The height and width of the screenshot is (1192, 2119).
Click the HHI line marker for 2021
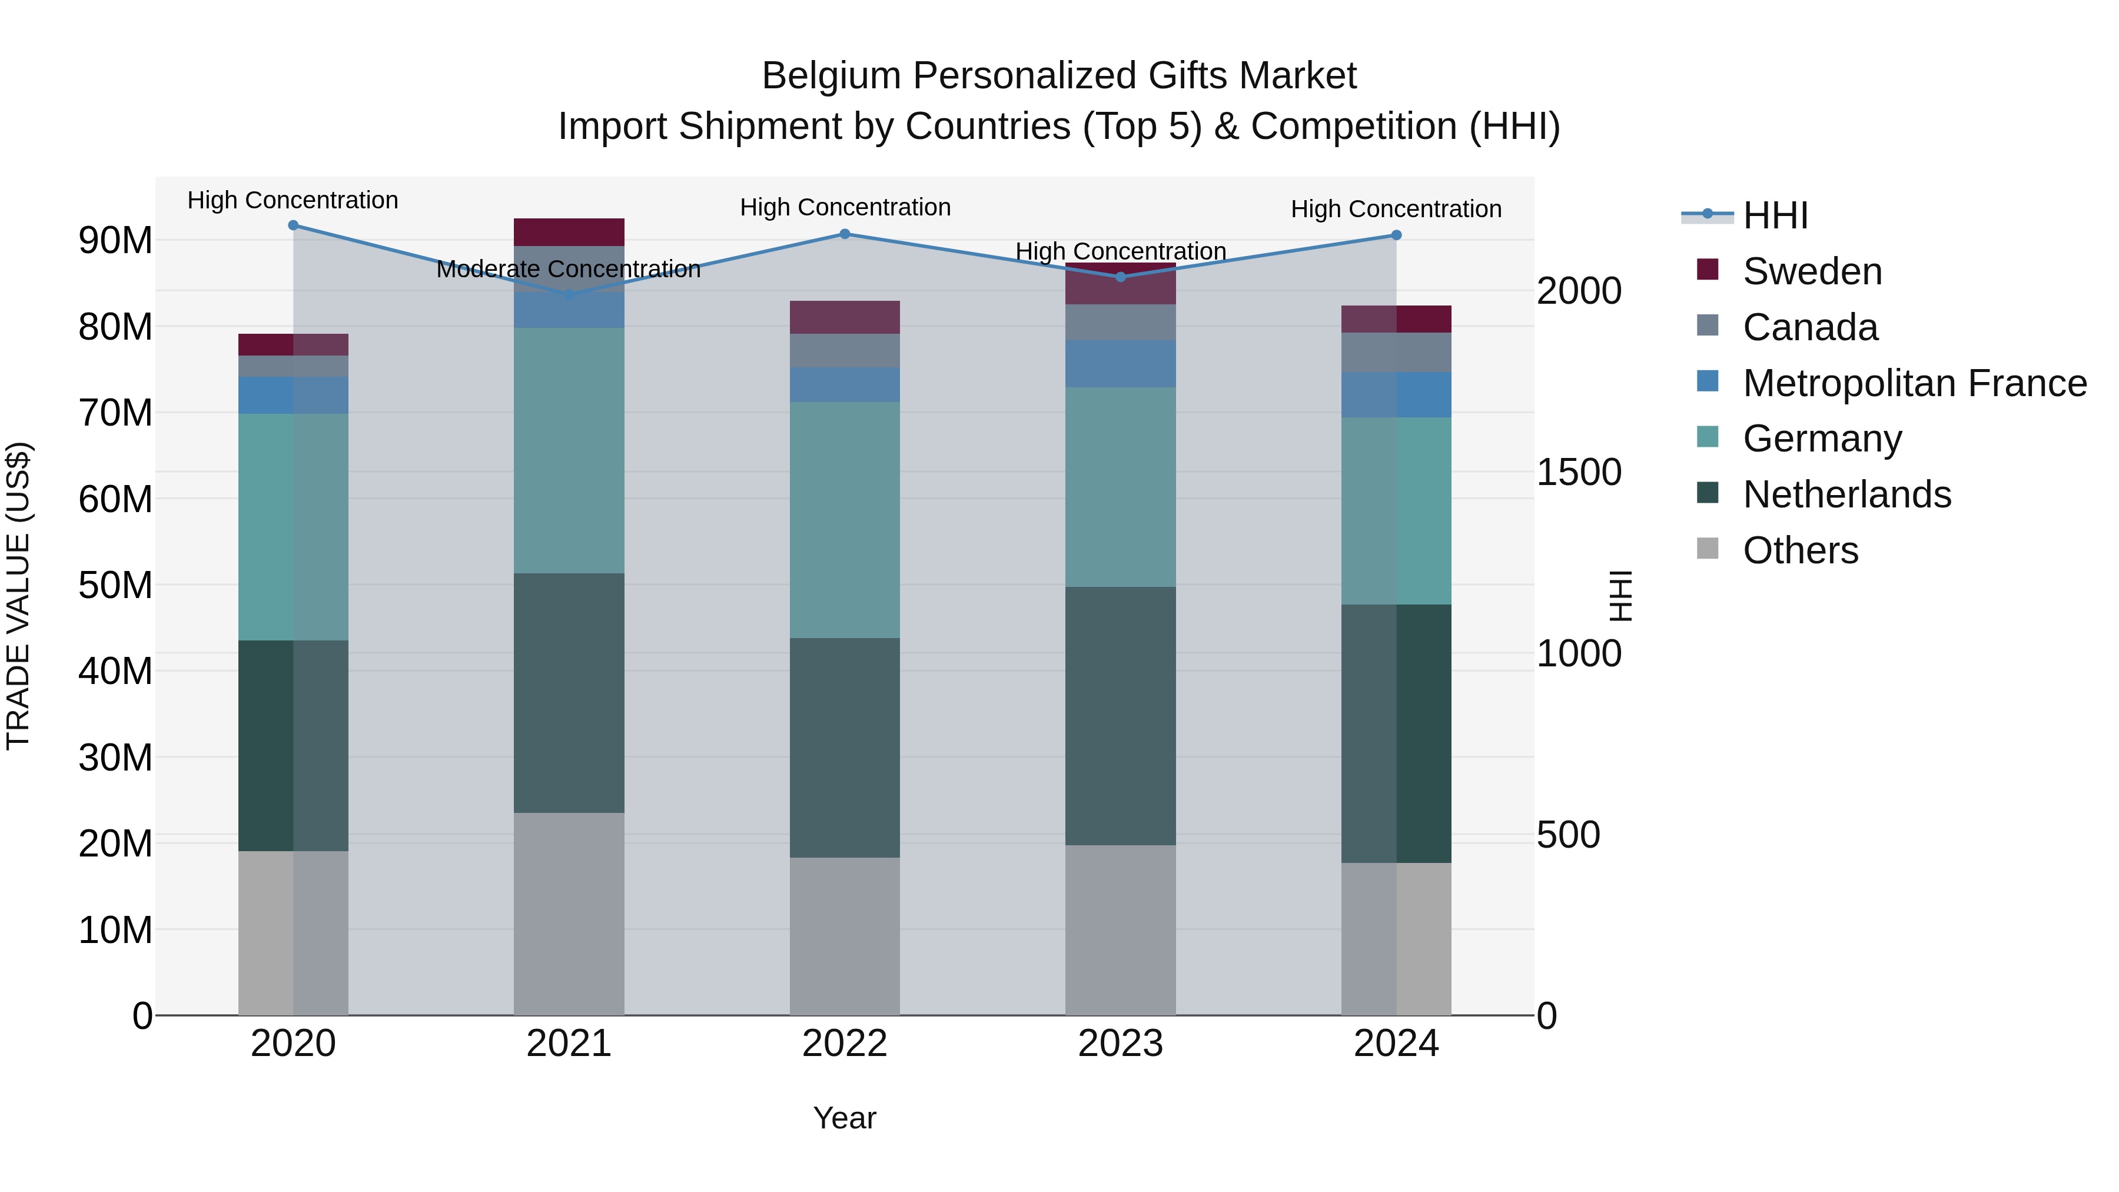tap(569, 294)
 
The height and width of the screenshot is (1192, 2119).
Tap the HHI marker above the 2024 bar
tap(1396, 235)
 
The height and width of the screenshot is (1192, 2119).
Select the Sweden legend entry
tap(1811, 271)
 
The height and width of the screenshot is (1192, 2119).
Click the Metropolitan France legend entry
tap(1914, 383)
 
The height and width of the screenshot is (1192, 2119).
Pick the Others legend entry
tap(1800, 550)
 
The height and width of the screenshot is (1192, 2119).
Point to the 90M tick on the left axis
tap(115, 240)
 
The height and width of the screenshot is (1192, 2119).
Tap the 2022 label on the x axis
tap(844, 1044)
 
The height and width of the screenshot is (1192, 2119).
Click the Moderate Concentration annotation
tap(569, 269)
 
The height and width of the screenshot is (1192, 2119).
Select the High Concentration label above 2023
tap(1120, 251)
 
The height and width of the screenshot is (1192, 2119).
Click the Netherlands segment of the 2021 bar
tap(569, 693)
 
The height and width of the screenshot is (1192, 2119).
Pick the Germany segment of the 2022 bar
tap(844, 520)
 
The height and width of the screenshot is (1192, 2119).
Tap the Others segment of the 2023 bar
tap(1120, 929)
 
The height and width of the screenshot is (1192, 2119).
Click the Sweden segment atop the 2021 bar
tap(569, 232)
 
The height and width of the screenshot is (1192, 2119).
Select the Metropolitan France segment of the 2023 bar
tap(1120, 364)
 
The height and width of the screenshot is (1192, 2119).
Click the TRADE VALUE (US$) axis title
tap(18, 596)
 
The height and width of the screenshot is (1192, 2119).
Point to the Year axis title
tap(844, 1118)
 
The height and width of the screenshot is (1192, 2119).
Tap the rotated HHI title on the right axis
tap(1620, 596)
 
